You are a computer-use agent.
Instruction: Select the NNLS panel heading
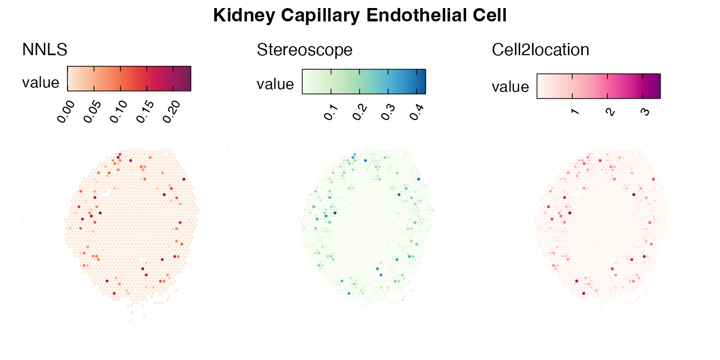(x=44, y=50)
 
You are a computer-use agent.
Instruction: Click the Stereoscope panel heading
(x=305, y=50)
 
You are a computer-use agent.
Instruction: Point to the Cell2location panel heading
(x=541, y=50)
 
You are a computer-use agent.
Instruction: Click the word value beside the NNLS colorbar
(x=41, y=82)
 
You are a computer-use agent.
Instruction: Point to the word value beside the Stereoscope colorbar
(x=275, y=84)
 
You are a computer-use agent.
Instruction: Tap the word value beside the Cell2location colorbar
(x=511, y=87)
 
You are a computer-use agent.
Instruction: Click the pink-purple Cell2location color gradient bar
(x=598, y=86)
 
